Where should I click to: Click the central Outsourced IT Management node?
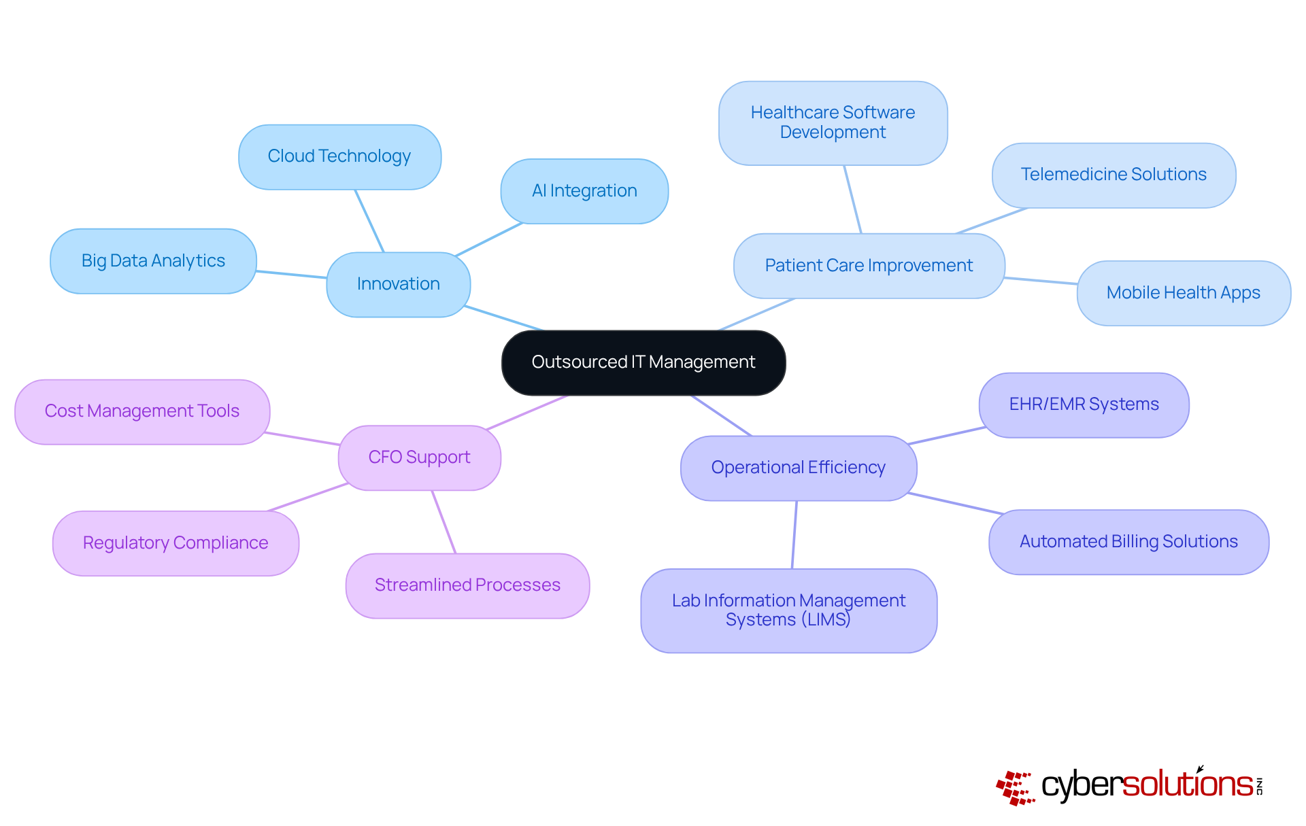coord(643,362)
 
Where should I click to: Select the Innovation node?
coord(398,284)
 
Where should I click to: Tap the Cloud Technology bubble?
coord(339,156)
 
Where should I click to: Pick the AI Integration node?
coord(584,191)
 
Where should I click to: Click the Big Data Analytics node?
coord(153,261)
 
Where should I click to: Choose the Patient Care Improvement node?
coord(869,266)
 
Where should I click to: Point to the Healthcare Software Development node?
coord(833,123)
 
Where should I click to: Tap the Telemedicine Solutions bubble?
coord(1114,175)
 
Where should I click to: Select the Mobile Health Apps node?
coord(1183,293)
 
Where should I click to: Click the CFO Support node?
coord(419,458)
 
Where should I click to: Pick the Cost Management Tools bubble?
coord(142,411)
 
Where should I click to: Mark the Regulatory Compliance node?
coord(175,543)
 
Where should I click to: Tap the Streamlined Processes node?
coord(467,585)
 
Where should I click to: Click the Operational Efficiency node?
coord(798,468)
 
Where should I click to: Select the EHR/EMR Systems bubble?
coord(1084,405)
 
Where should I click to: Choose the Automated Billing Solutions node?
coord(1128,542)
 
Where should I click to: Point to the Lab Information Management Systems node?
coord(788,610)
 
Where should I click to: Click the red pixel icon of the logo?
coord(1015,788)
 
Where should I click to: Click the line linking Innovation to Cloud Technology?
coord(369,220)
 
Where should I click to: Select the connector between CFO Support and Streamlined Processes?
coord(443,521)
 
